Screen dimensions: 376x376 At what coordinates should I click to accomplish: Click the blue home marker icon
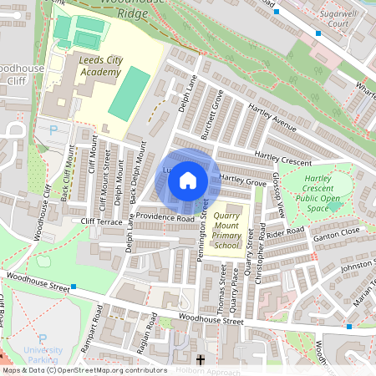188,180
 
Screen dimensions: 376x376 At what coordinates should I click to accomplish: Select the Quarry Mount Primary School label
226,231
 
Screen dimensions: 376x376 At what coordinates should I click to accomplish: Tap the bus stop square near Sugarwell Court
318,33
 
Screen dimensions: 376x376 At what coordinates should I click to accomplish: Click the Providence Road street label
165,217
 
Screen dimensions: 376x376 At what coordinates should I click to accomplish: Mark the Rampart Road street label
99,324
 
